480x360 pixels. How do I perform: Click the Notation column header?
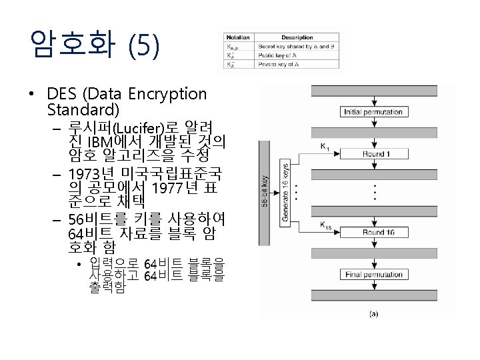coord(238,37)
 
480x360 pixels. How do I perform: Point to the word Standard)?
coord(83,109)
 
